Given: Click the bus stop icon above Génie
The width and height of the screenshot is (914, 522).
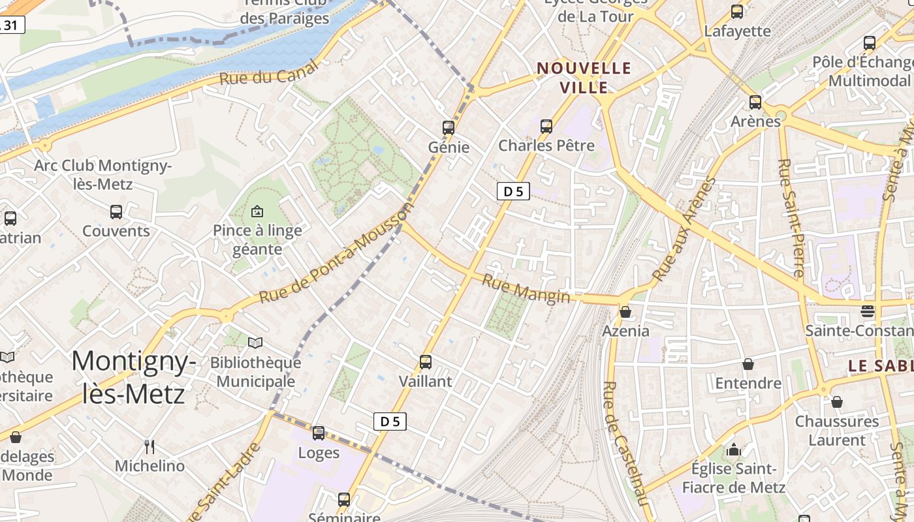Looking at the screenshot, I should [448, 127].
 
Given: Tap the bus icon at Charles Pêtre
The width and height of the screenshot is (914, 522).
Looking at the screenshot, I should [546, 126].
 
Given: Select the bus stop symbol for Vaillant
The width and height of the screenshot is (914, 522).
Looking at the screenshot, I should [426, 361].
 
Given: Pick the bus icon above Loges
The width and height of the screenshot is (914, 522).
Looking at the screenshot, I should [319, 433].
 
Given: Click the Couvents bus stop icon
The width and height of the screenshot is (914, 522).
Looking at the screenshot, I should [116, 211].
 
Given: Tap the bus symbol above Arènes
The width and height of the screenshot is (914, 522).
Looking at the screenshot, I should [755, 102].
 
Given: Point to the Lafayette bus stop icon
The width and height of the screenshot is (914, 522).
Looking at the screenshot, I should [737, 11].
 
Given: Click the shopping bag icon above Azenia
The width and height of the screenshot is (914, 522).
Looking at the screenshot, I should [625, 312].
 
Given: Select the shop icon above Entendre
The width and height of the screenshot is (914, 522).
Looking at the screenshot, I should [748, 364].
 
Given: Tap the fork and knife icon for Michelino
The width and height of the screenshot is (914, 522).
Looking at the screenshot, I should [150, 447].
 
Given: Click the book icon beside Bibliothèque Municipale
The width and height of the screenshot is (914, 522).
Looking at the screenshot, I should [255, 343].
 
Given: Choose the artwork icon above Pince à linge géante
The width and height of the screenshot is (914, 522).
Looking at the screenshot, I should [257, 211].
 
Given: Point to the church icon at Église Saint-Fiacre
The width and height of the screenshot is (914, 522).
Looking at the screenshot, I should [734, 450].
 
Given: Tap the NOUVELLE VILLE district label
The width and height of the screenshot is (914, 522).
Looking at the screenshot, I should [584, 78].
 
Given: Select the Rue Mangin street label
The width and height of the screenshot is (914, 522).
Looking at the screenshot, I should [526, 288].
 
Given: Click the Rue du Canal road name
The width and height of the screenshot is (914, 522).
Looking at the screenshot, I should [269, 72].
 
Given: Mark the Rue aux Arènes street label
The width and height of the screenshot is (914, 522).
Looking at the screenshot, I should [684, 229].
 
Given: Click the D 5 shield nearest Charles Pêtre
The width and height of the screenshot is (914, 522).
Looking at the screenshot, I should [513, 191].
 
